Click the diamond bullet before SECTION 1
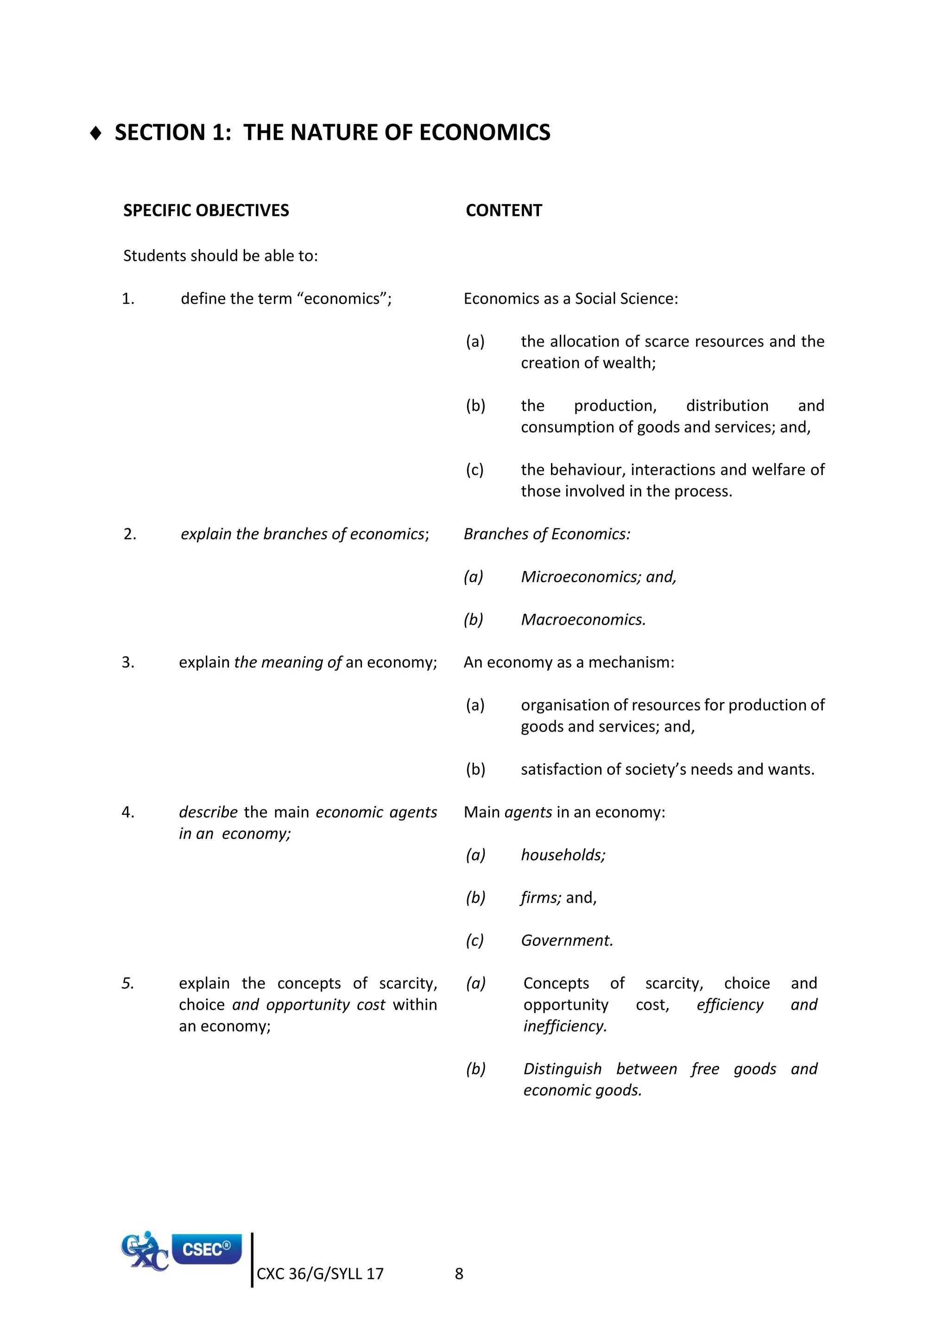(96, 133)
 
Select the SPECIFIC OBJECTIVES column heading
(206, 210)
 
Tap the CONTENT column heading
(504, 210)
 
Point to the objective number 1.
(128, 299)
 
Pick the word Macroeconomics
(582, 620)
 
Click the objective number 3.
(128, 662)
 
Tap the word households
(562, 855)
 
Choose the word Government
(566, 940)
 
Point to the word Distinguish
(562, 1069)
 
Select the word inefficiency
(564, 1026)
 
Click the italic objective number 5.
(128, 984)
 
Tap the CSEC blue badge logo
(206, 1249)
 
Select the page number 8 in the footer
(459, 1274)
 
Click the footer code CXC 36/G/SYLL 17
(320, 1274)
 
